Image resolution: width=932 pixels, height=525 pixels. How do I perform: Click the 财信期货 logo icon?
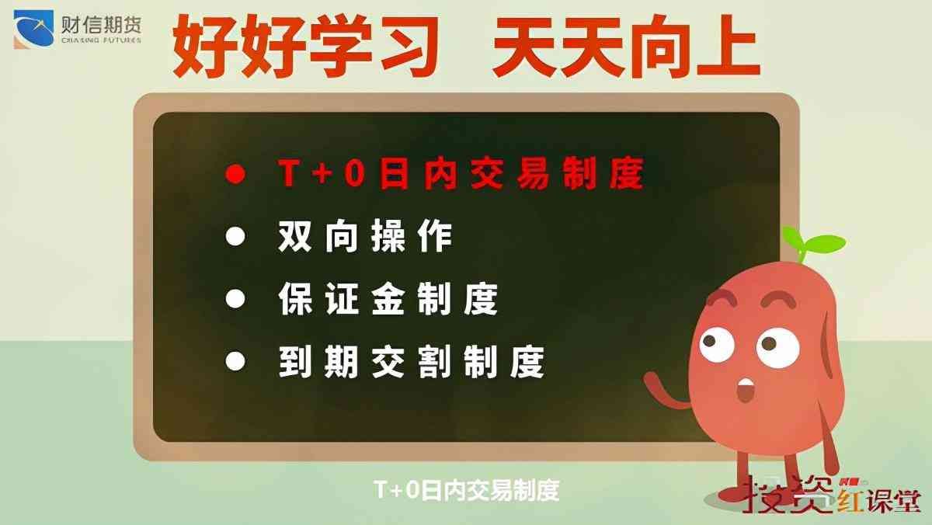pyautogui.click(x=33, y=30)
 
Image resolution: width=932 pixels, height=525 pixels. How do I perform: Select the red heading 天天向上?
pyautogui.click(x=625, y=49)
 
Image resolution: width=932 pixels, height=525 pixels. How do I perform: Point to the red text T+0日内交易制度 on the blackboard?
pyautogui.click(x=461, y=173)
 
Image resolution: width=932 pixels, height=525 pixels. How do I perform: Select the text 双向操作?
pyautogui.click(x=365, y=237)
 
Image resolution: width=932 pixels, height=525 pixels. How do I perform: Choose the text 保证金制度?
pyautogui.click(x=388, y=299)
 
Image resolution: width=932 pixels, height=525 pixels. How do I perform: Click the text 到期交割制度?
pyautogui.click(x=411, y=361)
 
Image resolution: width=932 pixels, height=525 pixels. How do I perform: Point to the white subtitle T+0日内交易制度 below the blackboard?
pyautogui.click(x=466, y=490)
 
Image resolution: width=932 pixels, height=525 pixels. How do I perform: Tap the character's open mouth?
pyautogui.click(x=746, y=388)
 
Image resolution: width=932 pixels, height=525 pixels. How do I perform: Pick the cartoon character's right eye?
pyautogui.click(x=777, y=342)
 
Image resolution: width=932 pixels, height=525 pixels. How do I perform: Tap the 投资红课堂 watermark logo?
pyautogui.click(x=832, y=493)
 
